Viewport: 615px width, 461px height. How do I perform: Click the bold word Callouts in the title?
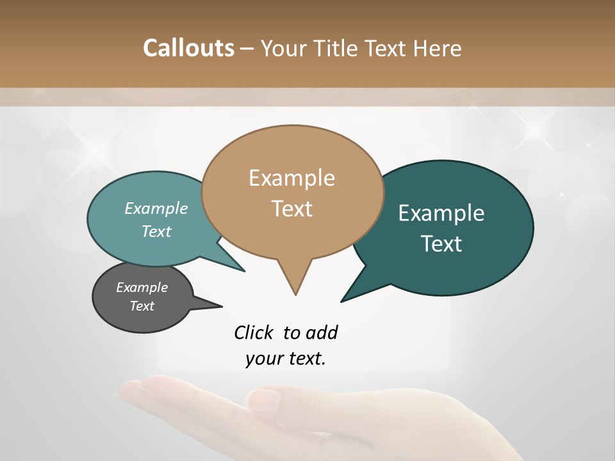(188, 48)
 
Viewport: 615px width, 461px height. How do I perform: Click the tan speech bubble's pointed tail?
(295, 282)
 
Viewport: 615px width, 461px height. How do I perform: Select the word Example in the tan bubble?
(291, 178)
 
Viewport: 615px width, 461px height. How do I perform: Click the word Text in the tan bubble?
(291, 209)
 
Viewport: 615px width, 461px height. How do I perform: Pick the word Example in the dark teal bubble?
(441, 213)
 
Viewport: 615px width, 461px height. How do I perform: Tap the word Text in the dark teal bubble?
(441, 244)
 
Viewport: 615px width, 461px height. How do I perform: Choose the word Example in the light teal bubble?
(156, 208)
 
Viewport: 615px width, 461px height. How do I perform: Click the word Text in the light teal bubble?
(156, 231)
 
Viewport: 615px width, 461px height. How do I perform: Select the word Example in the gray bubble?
(142, 287)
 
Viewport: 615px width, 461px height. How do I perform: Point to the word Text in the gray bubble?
(142, 306)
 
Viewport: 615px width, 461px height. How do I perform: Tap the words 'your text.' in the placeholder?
(285, 359)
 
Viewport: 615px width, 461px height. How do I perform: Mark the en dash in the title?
(247, 49)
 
